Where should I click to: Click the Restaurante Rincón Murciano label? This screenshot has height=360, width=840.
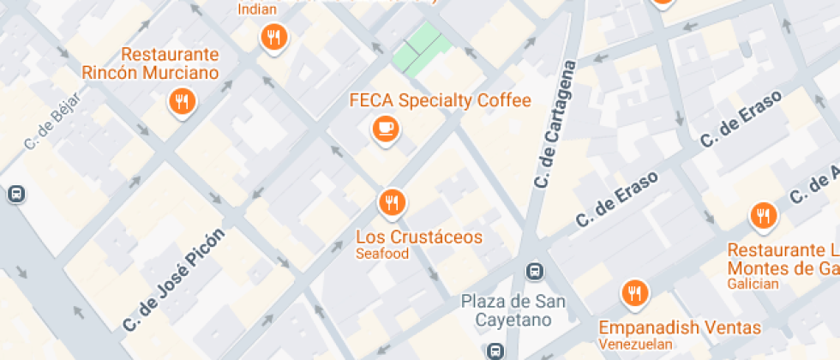click(x=150, y=63)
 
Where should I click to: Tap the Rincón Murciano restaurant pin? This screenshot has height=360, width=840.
click(x=182, y=103)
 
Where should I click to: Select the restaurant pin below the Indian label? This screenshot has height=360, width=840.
click(x=273, y=37)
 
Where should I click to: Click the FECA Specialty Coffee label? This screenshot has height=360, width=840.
click(x=440, y=100)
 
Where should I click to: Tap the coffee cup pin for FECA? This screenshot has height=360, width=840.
click(x=385, y=129)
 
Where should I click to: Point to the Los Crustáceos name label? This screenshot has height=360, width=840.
click(x=418, y=237)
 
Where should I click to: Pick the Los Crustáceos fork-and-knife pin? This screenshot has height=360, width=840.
click(x=392, y=203)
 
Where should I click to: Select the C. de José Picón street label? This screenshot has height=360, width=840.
click(x=173, y=279)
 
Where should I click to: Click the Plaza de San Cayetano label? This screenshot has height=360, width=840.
click(x=513, y=310)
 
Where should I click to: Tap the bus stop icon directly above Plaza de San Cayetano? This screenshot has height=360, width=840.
click(x=534, y=272)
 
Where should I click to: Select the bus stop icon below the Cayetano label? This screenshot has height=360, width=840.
click(x=495, y=350)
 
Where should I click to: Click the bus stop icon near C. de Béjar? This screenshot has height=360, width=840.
click(x=15, y=194)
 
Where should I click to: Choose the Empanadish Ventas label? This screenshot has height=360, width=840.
click(x=679, y=327)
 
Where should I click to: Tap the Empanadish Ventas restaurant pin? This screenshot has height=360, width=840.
click(x=634, y=293)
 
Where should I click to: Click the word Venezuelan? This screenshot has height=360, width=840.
click(x=634, y=344)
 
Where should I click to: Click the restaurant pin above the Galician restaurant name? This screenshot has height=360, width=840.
click(x=762, y=215)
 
